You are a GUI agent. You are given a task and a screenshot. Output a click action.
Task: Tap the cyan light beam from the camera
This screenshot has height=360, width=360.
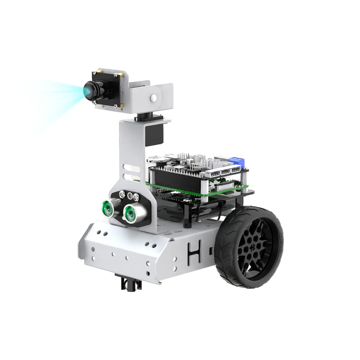[x=54, y=97]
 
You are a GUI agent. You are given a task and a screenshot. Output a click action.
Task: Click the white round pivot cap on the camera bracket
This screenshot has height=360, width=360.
[x=154, y=97]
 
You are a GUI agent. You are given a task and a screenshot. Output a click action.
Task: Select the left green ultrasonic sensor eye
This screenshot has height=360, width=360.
[x=107, y=207]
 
